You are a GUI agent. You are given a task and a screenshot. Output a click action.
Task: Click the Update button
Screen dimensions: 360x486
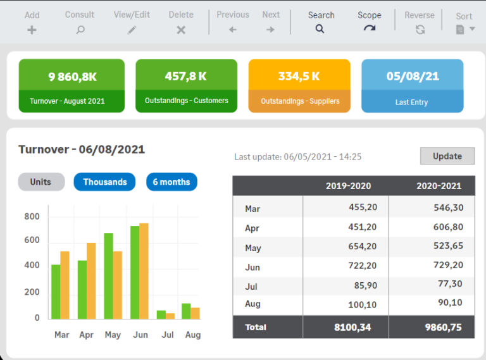click(x=447, y=156)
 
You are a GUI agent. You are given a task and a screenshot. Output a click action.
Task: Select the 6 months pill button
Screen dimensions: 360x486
click(x=171, y=182)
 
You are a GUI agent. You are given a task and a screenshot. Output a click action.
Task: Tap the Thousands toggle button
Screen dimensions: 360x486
click(x=104, y=182)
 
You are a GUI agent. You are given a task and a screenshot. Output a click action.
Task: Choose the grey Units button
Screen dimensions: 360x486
click(x=41, y=182)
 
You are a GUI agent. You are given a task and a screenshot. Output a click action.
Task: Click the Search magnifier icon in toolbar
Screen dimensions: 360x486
click(x=320, y=29)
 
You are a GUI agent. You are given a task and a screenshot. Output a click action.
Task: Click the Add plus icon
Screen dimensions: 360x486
click(x=32, y=30)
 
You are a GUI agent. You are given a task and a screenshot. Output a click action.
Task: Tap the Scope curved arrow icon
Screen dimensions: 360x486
click(x=369, y=29)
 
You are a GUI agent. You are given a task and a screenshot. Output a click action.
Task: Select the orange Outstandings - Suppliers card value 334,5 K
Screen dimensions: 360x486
click(x=299, y=77)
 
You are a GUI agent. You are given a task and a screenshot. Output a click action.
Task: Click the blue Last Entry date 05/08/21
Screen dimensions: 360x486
click(x=412, y=77)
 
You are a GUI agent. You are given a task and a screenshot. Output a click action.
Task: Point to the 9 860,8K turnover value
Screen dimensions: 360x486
click(x=72, y=77)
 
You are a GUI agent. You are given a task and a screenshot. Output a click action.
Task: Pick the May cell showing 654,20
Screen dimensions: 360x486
click(x=363, y=247)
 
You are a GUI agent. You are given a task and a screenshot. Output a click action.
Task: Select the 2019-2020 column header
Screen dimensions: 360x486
click(x=348, y=186)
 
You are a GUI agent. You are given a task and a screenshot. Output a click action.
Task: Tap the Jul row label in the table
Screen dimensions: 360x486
click(x=251, y=287)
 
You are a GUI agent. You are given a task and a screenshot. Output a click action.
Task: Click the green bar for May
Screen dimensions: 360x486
click(x=108, y=276)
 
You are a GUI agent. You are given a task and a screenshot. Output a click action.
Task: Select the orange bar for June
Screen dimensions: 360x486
click(x=144, y=271)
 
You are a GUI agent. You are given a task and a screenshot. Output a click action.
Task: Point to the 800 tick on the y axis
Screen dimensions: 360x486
click(x=32, y=217)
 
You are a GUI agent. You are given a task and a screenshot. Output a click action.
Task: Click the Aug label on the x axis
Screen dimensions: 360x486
click(x=192, y=335)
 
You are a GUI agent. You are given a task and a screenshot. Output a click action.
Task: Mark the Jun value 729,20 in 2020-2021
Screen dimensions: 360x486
click(x=448, y=266)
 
